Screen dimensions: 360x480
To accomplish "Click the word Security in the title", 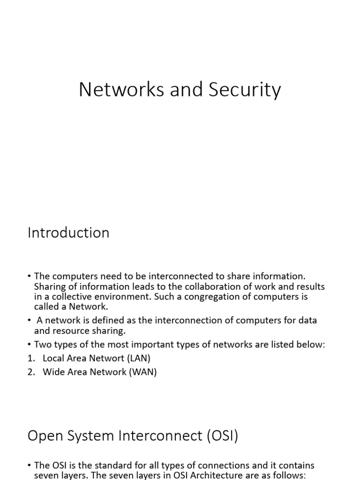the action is (244, 90).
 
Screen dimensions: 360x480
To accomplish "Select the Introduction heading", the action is (68, 233).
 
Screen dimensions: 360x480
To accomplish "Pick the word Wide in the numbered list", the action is (52, 372).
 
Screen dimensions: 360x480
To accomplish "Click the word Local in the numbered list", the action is (53, 358).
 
